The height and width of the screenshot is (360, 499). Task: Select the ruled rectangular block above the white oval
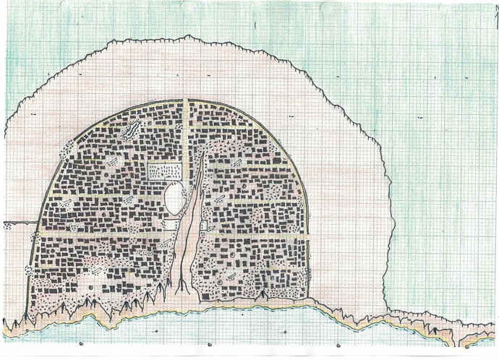(165, 171)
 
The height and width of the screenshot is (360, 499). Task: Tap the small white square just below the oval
(171, 224)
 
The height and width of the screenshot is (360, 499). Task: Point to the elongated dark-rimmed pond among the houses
(132, 130)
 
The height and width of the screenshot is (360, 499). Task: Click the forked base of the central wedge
(182, 287)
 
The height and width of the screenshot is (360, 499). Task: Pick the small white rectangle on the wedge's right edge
(204, 225)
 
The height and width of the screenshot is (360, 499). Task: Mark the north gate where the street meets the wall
(186, 100)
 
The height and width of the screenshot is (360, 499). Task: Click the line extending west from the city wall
(18, 223)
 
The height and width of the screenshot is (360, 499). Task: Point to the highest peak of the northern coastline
(187, 35)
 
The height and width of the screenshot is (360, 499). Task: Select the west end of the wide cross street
(38, 235)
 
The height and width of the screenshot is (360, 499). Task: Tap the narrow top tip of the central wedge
(200, 153)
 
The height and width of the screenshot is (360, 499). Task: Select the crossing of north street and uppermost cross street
(186, 128)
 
